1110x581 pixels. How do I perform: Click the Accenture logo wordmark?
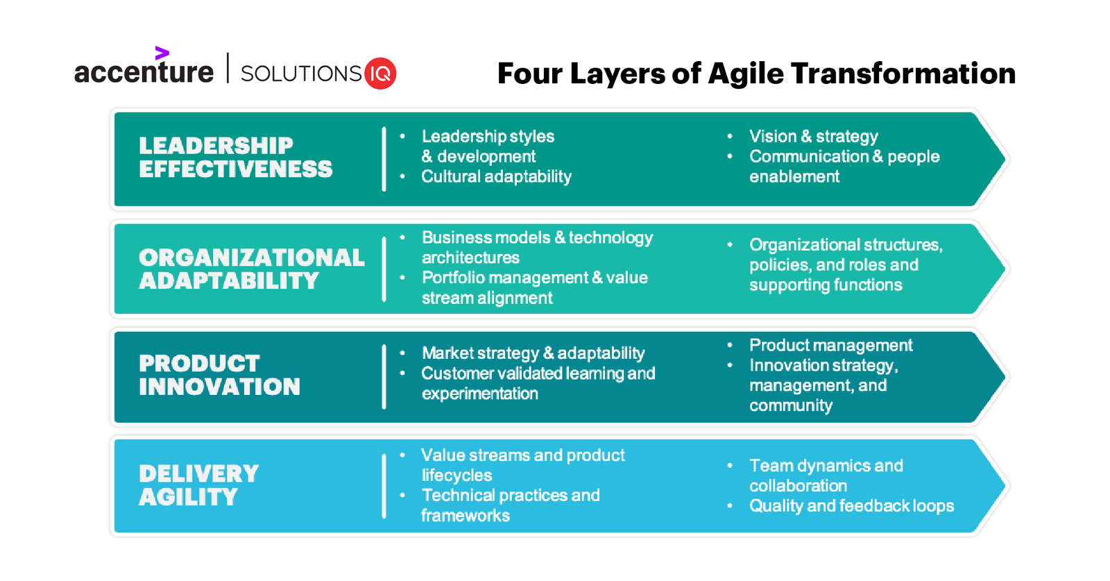tap(144, 72)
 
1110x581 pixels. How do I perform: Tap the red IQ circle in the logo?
tap(380, 73)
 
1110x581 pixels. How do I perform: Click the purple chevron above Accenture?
tap(162, 53)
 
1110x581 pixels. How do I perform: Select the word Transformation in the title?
tap(903, 74)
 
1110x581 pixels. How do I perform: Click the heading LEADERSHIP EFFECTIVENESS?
tap(235, 158)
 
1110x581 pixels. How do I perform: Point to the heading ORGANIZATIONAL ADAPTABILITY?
tap(251, 269)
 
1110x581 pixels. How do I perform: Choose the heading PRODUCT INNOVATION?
tap(219, 376)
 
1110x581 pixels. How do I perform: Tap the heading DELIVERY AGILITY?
tap(198, 485)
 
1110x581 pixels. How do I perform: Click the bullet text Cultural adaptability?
tap(496, 177)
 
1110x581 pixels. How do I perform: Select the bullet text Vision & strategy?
tap(813, 136)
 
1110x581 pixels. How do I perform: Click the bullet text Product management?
tap(830, 345)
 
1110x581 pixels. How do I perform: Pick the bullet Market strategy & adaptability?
tap(533, 353)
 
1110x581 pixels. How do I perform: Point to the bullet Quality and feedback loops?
tap(851, 506)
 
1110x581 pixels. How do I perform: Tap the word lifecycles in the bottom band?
tap(456, 475)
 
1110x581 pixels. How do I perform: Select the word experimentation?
tap(479, 394)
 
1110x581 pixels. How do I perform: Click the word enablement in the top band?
tap(794, 177)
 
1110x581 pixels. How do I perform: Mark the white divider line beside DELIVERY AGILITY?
tap(384, 486)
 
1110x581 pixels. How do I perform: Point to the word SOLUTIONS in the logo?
tap(301, 74)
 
